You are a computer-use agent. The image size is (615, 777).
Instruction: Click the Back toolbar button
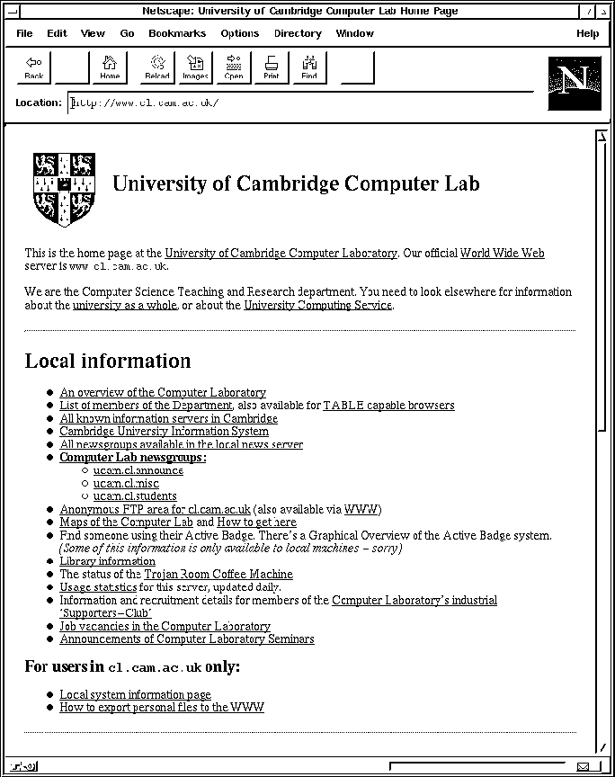pos(34,67)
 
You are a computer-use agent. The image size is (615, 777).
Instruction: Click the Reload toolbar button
pos(156,67)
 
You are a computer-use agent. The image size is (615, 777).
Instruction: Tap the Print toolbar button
pos(271,67)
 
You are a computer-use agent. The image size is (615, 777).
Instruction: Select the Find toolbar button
pos(309,67)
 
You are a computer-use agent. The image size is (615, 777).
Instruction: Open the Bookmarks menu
pos(177,33)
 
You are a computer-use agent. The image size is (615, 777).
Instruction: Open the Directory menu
pos(298,33)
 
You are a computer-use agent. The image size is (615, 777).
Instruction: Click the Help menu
pos(587,33)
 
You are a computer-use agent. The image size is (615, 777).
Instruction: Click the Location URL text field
pos(297,103)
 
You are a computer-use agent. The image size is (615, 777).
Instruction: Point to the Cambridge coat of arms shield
pos(64,189)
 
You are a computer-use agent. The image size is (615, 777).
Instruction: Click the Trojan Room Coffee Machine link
pos(218,574)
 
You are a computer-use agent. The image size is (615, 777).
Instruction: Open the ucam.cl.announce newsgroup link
pos(138,470)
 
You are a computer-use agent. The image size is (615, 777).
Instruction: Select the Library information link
pos(107,561)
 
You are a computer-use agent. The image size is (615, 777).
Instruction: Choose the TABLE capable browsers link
pos(388,406)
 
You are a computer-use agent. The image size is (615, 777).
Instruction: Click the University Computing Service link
pos(317,305)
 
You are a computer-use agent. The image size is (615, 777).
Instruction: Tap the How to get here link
pos(256,522)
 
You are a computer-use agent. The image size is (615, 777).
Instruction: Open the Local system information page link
pos(135,694)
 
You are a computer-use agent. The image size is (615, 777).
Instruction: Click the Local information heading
pos(108,362)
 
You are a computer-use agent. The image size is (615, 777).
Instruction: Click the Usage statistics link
pos(98,587)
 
